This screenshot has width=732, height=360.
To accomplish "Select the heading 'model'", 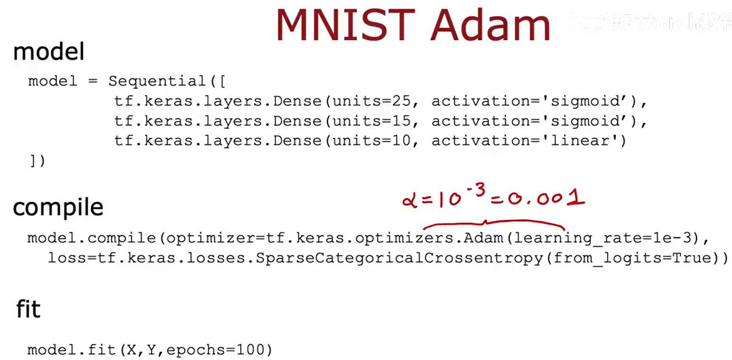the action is point(48,51).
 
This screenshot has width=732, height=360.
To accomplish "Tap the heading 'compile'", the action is point(58,207).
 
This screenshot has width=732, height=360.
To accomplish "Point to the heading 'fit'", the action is point(29,309).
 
